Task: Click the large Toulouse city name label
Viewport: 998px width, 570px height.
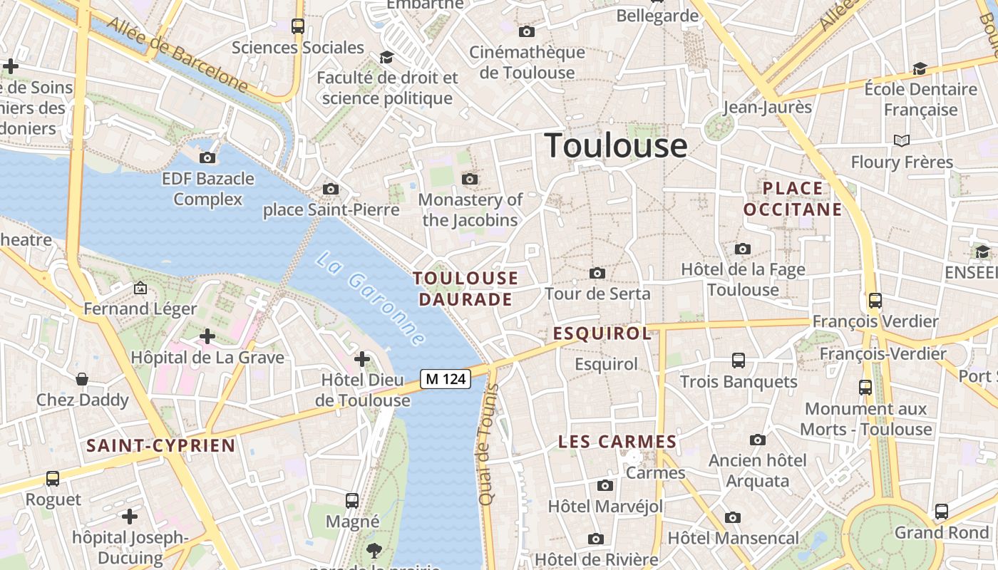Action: pos(616,146)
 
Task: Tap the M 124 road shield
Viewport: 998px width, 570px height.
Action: pos(446,379)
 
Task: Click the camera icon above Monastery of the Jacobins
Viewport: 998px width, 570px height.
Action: pos(470,179)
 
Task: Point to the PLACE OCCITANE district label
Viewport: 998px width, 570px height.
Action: pos(793,199)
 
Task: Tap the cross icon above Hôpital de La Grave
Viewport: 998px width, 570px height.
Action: pos(207,336)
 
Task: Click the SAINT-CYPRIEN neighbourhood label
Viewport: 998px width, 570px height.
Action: pos(160,446)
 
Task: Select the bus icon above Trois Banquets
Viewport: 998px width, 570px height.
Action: pos(739,361)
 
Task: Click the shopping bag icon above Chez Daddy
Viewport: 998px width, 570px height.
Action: pos(83,378)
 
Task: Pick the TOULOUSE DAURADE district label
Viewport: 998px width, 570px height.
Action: pos(466,289)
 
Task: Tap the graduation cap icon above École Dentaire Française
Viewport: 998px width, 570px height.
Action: pos(920,68)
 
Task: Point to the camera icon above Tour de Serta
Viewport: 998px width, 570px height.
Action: pos(597,273)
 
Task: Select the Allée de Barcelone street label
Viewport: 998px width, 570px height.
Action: pos(178,55)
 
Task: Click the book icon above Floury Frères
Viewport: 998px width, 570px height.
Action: pos(902,141)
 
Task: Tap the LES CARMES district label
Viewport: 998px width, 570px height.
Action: pos(617,442)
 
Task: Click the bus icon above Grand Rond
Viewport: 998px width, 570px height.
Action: pos(942,511)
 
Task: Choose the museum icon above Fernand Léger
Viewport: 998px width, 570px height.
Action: pos(140,288)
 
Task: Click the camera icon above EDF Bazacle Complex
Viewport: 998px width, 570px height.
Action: pos(207,157)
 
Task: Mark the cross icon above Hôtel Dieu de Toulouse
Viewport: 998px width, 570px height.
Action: pos(362,358)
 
